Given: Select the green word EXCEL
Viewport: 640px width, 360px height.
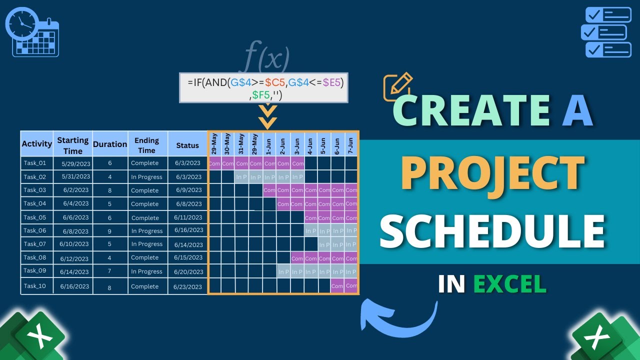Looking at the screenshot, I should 509,284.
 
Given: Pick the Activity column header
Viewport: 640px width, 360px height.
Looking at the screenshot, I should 36,144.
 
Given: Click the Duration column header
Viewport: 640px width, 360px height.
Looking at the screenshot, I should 110,144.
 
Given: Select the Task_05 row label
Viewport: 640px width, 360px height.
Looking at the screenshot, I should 34,217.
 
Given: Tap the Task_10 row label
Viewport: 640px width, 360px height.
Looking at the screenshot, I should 34,286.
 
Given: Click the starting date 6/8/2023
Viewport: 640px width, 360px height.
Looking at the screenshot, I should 75,231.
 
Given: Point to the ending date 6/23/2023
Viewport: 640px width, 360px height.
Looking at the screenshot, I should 187,287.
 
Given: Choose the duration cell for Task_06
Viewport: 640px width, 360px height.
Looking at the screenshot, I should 110,231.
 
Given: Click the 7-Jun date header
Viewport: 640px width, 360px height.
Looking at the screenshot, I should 350,144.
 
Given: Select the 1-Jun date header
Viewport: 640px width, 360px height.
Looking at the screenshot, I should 269,144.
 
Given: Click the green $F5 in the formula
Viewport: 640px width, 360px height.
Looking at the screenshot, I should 260,94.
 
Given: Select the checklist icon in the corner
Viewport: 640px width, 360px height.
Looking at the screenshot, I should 606,31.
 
